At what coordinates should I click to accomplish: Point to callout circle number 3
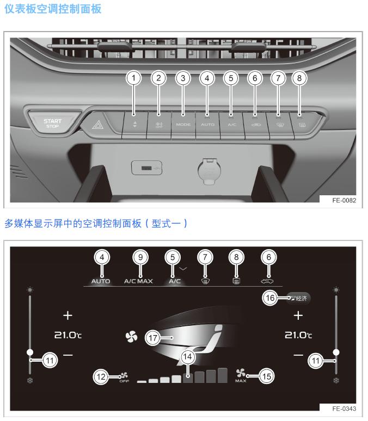(183, 78)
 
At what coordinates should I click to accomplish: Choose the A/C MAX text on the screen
(138, 281)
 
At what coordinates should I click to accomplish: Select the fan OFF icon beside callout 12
(124, 376)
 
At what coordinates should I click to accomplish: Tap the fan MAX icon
(241, 375)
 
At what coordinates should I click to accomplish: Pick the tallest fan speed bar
(222, 375)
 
